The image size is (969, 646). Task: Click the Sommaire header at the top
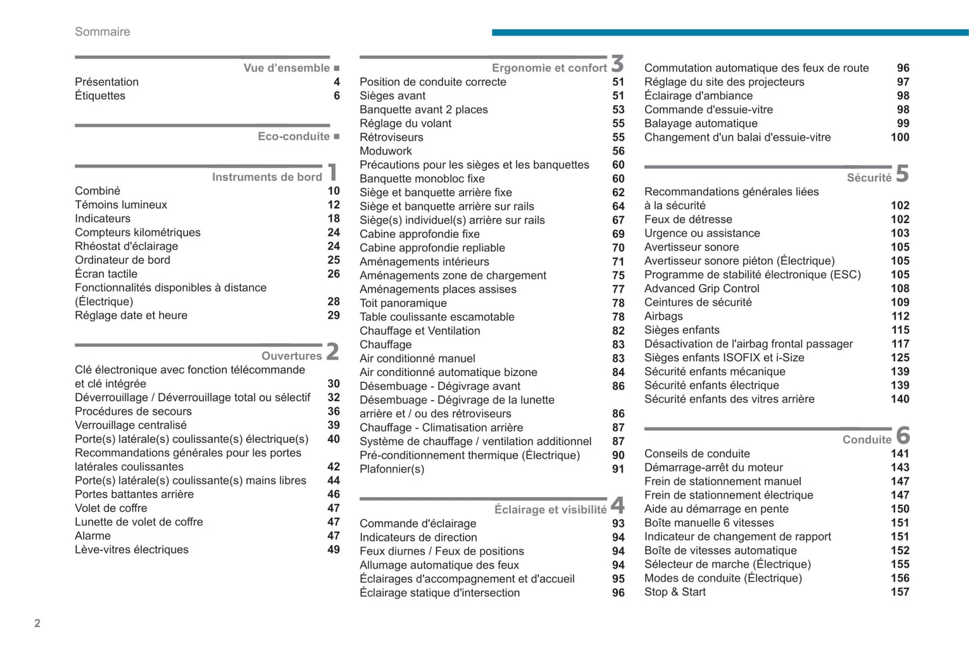pyautogui.click(x=103, y=31)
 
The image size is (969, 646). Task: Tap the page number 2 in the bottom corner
pyautogui.click(x=38, y=623)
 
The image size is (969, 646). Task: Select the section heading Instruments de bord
pyautogui.click(x=267, y=177)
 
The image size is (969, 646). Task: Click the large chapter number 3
pyautogui.click(x=618, y=64)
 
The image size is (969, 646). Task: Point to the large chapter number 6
pyautogui.click(x=903, y=436)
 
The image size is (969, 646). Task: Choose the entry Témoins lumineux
pyautogui.click(x=121, y=205)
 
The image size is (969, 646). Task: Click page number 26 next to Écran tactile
pyautogui.click(x=333, y=274)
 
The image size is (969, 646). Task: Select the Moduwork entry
pyautogui.click(x=386, y=151)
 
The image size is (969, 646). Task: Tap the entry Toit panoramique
pyautogui.click(x=403, y=303)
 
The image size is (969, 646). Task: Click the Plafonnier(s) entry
pyautogui.click(x=392, y=469)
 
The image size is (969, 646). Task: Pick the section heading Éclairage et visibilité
pyautogui.click(x=551, y=509)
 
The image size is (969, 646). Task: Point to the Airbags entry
pyautogui.click(x=663, y=316)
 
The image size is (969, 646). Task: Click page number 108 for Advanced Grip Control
pyautogui.click(x=900, y=289)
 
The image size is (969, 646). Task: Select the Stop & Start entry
pyautogui.click(x=675, y=592)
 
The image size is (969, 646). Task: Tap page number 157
pyautogui.click(x=900, y=592)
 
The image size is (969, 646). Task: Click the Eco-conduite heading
pyautogui.click(x=294, y=136)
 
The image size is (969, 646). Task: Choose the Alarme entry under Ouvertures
pyautogui.click(x=93, y=536)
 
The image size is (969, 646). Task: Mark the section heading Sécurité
pyautogui.click(x=869, y=178)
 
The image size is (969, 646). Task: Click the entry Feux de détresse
pyautogui.click(x=688, y=219)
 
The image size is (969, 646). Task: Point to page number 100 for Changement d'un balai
pyautogui.click(x=900, y=137)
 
